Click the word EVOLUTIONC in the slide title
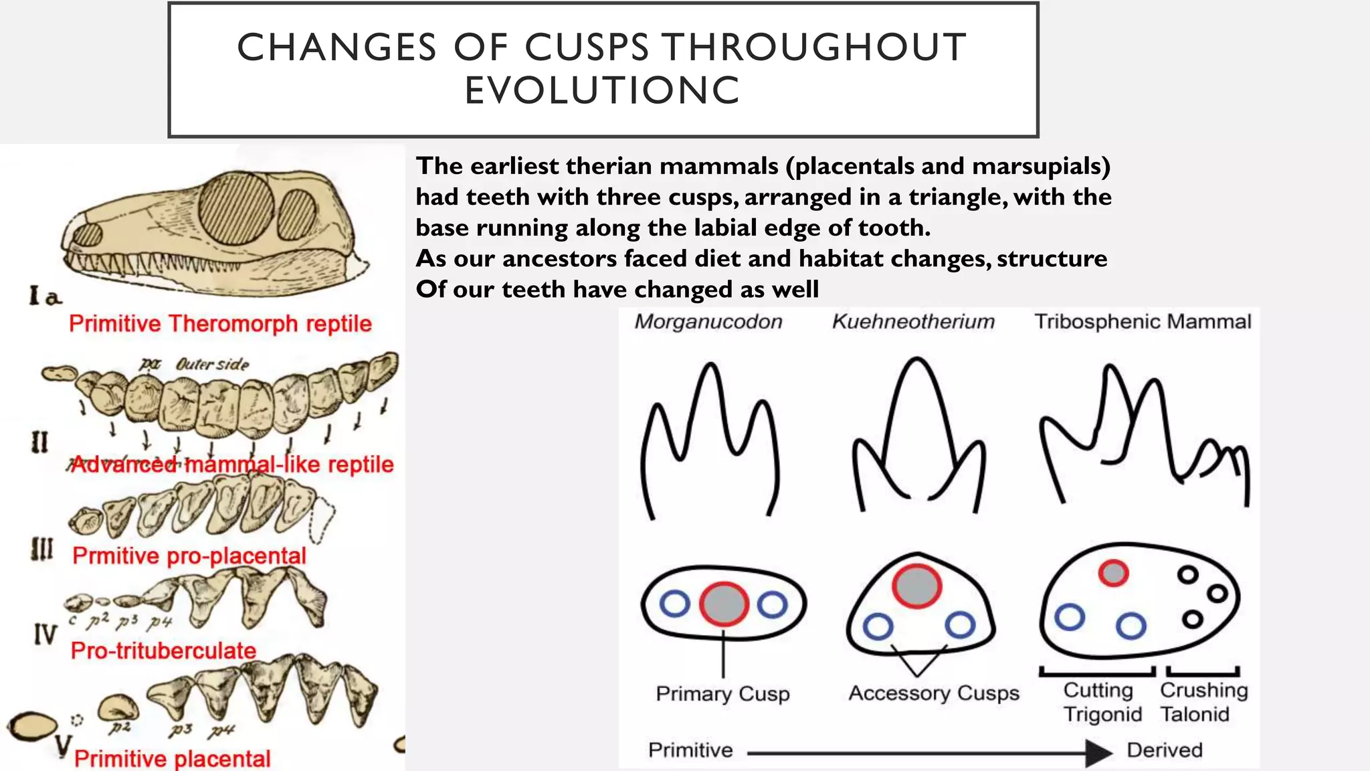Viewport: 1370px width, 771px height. click(x=602, y=91)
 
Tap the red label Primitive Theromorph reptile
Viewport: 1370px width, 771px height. click(x=220, y=324)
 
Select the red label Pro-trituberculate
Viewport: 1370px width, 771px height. click(x=163, y=651)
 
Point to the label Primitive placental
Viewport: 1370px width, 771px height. click(x=172, y=758)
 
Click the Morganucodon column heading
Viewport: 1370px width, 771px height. click(x=708, y=322)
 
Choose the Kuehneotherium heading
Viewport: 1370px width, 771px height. click(x=913, y=322)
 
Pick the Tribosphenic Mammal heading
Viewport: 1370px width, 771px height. click(x=1143, y=322)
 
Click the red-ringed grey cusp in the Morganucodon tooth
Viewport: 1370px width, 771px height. click(x=724, y=604)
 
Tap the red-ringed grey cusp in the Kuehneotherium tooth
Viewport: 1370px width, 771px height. click(x=916, y=586)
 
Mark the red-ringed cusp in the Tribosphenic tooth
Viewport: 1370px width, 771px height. click(x=1113, y=573)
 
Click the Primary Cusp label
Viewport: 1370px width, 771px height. click(x=722, y=694)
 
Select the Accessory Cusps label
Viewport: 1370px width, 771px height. click(x=934, y=693)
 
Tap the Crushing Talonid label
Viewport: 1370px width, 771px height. click(x=1203, y=702)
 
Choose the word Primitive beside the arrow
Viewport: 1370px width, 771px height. click(x=690, y=750)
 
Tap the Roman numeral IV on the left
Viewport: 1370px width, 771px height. click(x=45, y=633)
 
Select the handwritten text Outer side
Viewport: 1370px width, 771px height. click(x=212, y=365)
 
